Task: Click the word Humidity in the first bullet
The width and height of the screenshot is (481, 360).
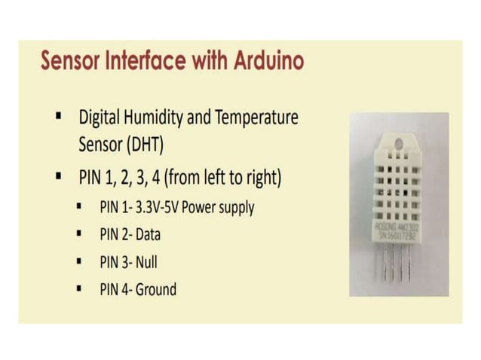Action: click(x=160, y=118)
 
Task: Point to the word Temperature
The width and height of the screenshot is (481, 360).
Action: click(x=256, y=118)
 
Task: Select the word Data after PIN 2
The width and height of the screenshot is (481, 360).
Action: click(x=149, y=234)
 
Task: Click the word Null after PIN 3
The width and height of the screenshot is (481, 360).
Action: click(x=147, y=262)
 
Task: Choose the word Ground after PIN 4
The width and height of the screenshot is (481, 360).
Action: click(x=156, y=289)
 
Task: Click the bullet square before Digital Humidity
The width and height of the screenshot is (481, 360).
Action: click(x=57, y=117)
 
